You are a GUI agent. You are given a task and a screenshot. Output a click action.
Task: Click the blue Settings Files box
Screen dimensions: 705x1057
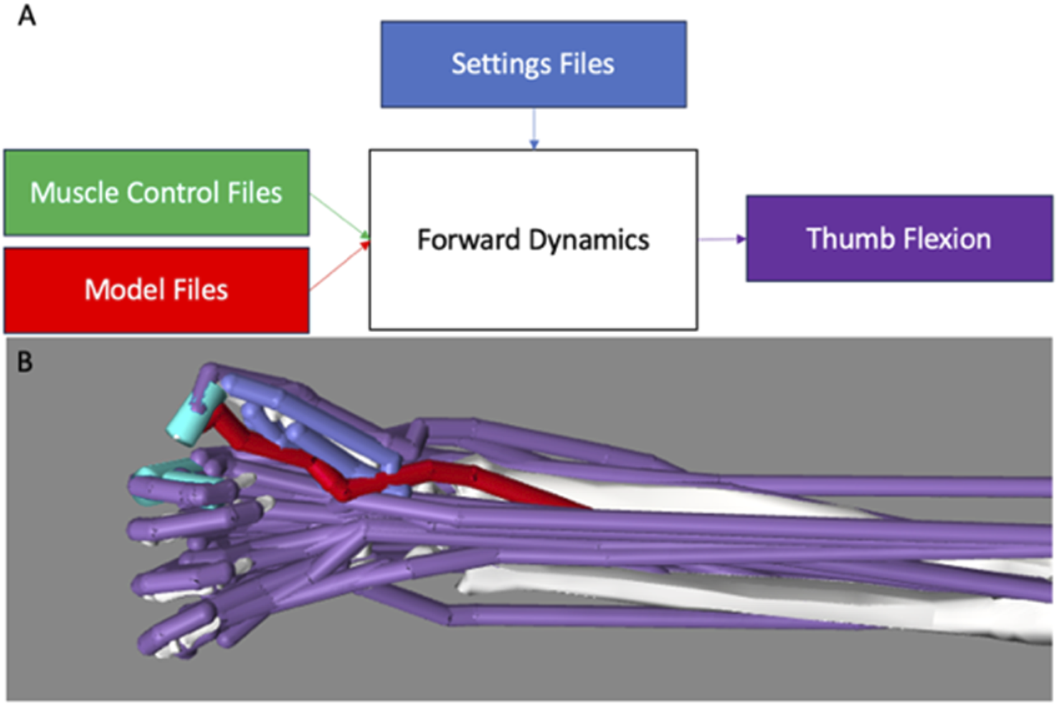[534, 65]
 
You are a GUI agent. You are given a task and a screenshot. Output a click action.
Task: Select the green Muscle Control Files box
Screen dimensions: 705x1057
[156, 192]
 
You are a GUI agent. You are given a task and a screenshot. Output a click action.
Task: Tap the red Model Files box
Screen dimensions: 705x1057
[156, 290]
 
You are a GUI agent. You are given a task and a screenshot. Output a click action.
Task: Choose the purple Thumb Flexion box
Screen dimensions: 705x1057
[899, 238]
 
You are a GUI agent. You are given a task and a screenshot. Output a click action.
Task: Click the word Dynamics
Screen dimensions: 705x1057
[589, 240]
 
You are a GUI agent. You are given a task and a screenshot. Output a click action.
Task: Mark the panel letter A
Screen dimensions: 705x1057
[27, 15]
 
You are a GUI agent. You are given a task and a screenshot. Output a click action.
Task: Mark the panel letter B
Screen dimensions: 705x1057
[24, 362]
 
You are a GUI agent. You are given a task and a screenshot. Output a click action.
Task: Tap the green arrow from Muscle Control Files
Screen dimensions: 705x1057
[338, 214]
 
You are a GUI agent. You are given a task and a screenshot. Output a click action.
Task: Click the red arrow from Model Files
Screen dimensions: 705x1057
[338, 268]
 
